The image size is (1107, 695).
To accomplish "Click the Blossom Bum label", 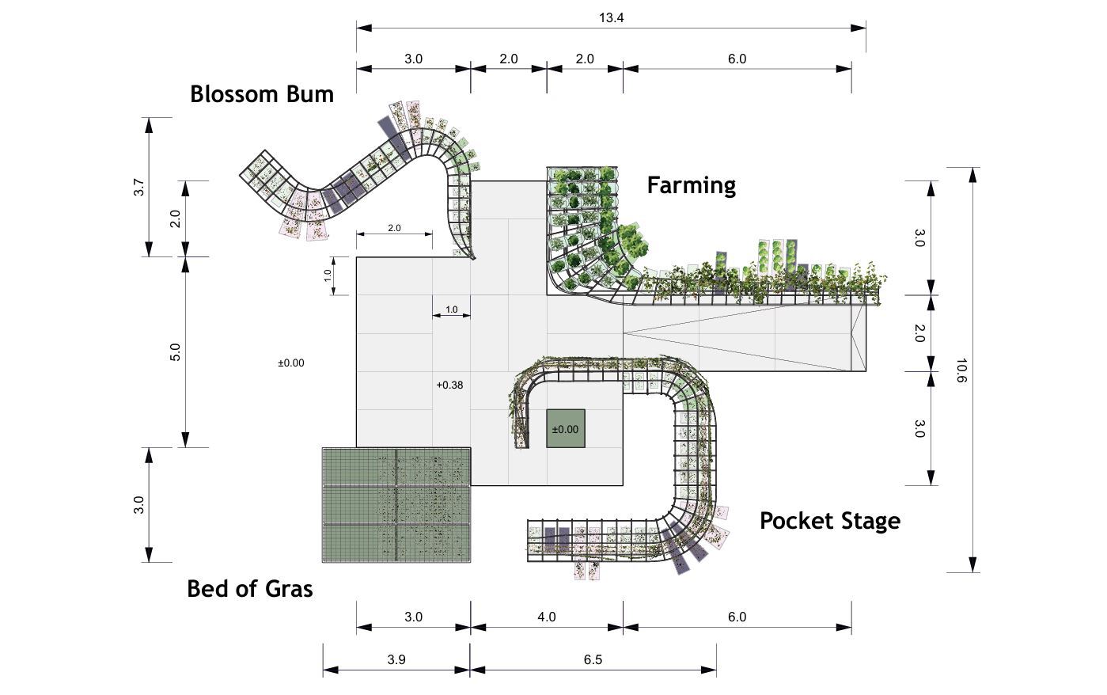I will tap(261, 94).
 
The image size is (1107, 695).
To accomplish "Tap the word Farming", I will tap(691, 185).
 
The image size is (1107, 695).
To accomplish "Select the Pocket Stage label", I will tap(829, 521).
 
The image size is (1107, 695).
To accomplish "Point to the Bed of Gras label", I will tap(249, 589).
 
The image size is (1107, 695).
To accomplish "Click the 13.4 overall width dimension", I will tap(611, 17).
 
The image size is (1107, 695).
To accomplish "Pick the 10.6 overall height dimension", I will tap(961, 370).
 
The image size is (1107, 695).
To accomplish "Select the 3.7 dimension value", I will tap(139, 188).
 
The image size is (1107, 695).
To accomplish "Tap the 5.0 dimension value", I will tap(176, 351).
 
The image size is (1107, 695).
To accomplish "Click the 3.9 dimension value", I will tap(396, 659).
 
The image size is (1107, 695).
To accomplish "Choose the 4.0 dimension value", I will tap(546, 617).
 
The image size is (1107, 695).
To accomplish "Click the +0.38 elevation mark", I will tap(449, 385).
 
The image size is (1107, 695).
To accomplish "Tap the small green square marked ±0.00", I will tap(565, 428).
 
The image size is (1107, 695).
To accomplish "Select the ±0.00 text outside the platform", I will tap(290, 363).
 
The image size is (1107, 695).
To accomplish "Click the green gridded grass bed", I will tap(396, 505).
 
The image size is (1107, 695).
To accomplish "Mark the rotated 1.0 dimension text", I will tap(328, 276).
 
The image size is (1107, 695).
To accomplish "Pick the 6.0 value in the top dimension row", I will tap(737, 59).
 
